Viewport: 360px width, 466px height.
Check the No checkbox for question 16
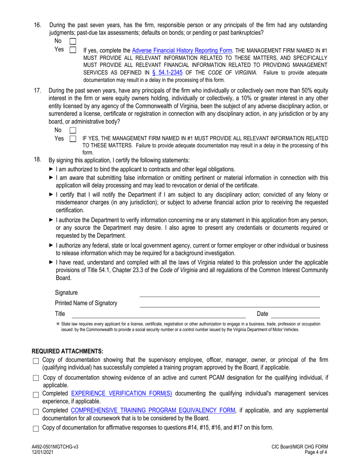pyautogui.click(x=73, y=41)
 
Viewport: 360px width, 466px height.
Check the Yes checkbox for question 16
pyautogui.click(x=73, y=50)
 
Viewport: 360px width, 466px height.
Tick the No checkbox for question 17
pyautogui.click(x=73, y=130)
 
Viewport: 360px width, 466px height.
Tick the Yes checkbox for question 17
pyautogui.click(x=73, y=139)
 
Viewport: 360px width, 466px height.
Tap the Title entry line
pyautogui.click(x=158, y=314)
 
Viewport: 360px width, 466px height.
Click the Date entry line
pyautogui.click(x=296, y=314)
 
